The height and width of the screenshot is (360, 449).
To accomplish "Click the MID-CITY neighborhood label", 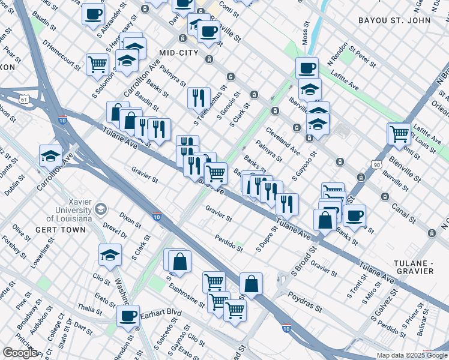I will coord(178,53).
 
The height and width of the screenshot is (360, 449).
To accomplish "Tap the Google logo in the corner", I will coord(20,353).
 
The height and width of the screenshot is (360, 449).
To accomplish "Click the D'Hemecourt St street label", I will coord(61,53).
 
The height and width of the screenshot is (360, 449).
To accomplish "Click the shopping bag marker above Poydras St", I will coord(252,284).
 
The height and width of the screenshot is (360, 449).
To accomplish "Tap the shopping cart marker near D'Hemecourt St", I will coord(97,64).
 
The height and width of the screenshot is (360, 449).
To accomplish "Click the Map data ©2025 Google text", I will coord(411,355).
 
